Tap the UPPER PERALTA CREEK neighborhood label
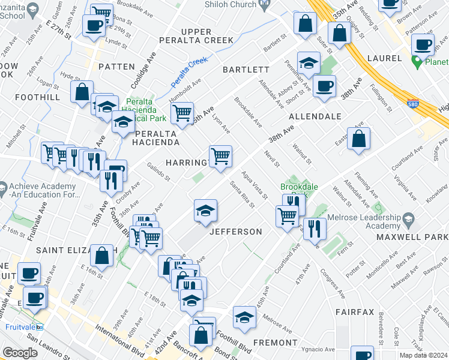tap(196, 36)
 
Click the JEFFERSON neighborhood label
tap(235, 232)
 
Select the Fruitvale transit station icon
tap(40, 327)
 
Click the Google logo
tap(20, 353)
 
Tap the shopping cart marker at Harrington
tap(221, 156)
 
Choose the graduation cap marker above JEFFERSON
tap(205, 211)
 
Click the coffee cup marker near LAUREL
tap(423, 44)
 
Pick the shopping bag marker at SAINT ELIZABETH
tap(102, 256)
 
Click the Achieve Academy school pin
tap(2, 190)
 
